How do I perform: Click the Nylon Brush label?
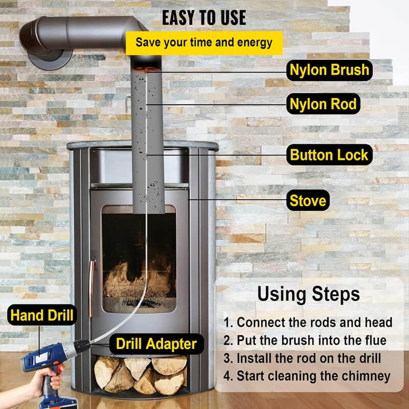coord(329,70)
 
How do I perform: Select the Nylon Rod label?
coord(323,104)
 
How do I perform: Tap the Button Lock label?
coord(329,154)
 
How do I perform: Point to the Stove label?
coord(308,200)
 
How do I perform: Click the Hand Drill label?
coord(41,315)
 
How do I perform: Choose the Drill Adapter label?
coord(156,344)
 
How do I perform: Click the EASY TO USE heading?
coord(204,18)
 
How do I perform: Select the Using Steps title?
coord(308,294)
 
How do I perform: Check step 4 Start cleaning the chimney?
coord(307,377)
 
